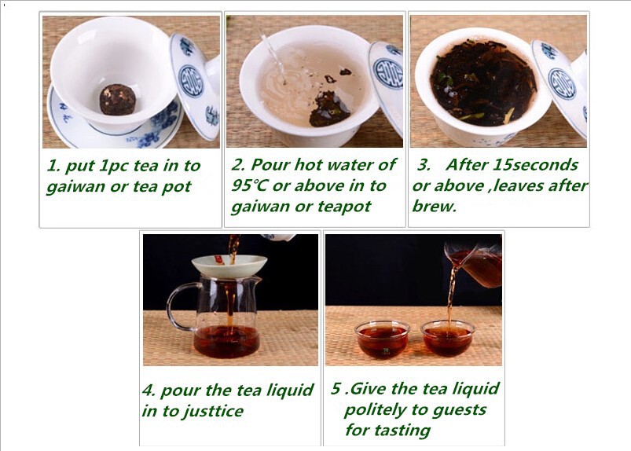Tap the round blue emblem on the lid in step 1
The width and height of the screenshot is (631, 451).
[x=191, y=82]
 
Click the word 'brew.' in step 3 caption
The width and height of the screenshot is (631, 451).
[x=435, y=207]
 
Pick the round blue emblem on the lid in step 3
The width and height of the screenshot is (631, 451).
[x=562, y=84]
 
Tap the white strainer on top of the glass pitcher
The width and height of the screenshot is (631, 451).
[x=229, y=266]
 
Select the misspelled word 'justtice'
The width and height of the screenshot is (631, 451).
[x=215, y=412]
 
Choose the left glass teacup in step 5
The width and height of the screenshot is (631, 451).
[x=382, y=339]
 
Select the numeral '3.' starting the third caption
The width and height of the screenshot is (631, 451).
[x=424, y=164]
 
